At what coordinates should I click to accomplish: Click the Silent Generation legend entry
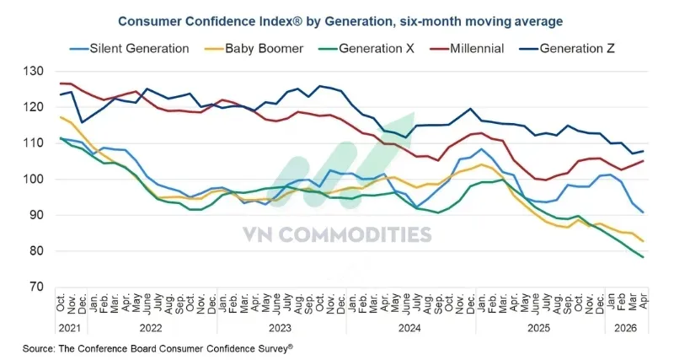point(130,49)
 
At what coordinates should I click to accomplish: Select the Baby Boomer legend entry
point(254,49)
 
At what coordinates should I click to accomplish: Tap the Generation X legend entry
point(366,49)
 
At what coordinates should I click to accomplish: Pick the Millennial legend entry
point(467,49)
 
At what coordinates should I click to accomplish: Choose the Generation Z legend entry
point(567,49)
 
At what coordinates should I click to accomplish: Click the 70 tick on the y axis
point(36,287)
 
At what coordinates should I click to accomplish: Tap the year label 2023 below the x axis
point(281,328)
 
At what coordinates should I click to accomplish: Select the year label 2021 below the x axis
point(70,328)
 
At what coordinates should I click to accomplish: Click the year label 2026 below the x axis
point(626,328)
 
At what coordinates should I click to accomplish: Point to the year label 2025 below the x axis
point(538,328)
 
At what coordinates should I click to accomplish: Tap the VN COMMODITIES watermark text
point(337,235)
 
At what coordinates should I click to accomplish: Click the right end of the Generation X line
point(643,257)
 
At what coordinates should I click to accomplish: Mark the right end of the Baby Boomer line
point(643,241)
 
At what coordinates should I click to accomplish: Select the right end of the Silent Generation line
point(643,212)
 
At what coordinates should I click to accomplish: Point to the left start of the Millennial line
point(60,83)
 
